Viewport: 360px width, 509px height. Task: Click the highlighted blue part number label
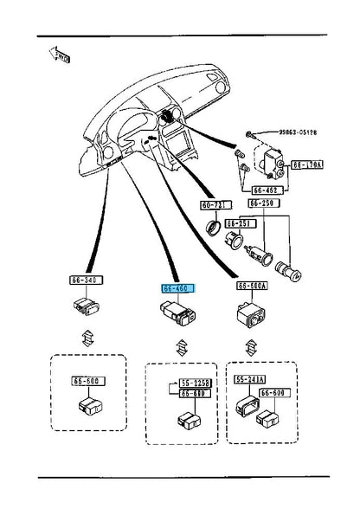[x=177, y=287]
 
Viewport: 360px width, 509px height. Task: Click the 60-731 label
[x=213, y=205]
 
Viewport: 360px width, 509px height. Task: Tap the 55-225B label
[x=196, y=381]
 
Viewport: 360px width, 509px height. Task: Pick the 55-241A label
[x=250, y=379]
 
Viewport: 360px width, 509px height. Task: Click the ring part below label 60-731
[x=212, y=229]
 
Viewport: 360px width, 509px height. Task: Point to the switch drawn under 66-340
[x=85, y=306]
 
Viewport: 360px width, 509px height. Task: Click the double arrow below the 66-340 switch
[x=86, y=338]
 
